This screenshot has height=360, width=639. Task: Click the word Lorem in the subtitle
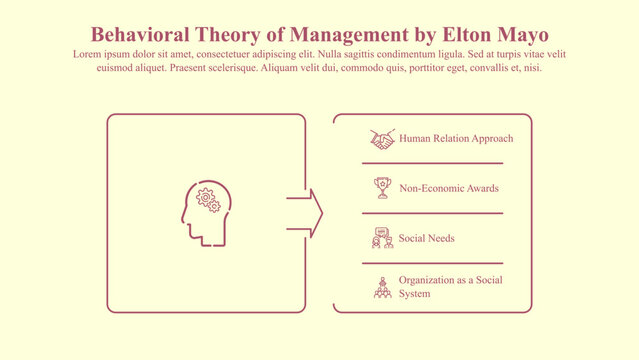pos(86,54)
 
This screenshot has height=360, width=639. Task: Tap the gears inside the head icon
pos(209,199)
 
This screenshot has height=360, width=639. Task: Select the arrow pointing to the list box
pos(305,213)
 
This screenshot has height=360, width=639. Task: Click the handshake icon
pos(382,139)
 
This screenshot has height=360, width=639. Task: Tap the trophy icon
pos(382,187)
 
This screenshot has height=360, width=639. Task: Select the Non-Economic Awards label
pos(448,187)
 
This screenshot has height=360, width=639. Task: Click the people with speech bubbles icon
pos(382,238)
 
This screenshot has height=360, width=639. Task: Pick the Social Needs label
pos(427,239)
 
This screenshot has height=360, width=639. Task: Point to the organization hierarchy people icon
pos(382,287)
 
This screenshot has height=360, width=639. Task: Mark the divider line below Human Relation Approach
pos(432,163)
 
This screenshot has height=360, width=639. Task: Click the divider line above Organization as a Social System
pos(432,263)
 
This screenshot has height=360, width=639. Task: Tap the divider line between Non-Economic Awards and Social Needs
pos(432,213)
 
